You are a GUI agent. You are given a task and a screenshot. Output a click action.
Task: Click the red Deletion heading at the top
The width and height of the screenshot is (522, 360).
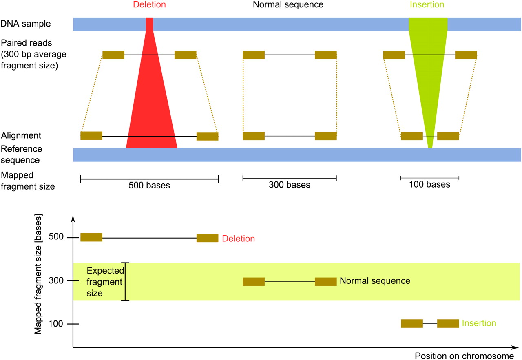(x=150, y=5)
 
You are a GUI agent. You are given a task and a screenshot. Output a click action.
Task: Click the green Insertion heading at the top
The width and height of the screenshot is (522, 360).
(x=427, y=5)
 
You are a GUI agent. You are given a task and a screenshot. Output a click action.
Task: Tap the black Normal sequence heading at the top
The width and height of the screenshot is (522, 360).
(x=288, y=5)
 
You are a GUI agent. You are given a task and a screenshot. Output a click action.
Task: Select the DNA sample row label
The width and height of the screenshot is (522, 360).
(x=26, y=24)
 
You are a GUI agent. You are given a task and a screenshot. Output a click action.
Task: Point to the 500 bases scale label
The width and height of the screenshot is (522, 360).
(x=149, y=186)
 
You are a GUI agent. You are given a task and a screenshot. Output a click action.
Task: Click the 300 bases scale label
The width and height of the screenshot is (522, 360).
(x=290, y=185)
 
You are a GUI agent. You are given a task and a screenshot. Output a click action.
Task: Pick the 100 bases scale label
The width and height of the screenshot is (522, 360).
(x=430, y=185)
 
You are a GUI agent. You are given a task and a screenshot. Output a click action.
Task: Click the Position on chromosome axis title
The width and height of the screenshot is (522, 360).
(x=464, y=356)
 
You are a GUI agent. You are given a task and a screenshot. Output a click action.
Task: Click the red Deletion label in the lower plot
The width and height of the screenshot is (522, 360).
(x=239, y=239)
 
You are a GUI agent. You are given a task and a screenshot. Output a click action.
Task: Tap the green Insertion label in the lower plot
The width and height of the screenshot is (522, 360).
(x=479, y=324)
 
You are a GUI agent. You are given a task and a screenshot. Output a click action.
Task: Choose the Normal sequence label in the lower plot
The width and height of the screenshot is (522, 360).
(x=375, y=281)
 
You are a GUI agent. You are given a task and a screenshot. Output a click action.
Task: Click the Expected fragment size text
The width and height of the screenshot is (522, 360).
(x=102, y=282)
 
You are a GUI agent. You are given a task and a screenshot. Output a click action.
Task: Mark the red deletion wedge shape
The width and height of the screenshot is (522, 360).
(x=151, y=110)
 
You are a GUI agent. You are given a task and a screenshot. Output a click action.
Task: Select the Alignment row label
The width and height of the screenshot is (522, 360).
(x=21, y=135)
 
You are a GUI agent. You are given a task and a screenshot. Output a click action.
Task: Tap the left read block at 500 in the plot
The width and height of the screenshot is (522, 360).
(x=91, y=237)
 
